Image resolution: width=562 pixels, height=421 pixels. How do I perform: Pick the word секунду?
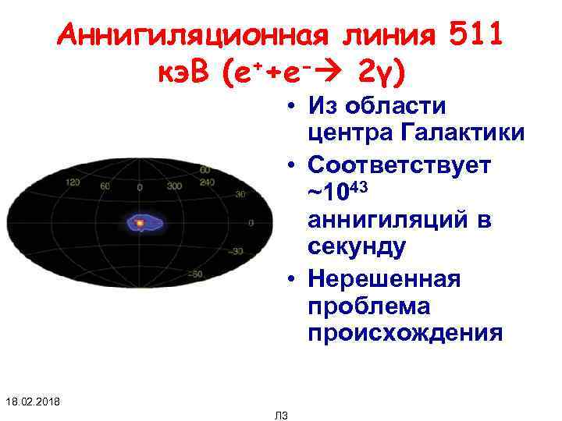tap(357, 249)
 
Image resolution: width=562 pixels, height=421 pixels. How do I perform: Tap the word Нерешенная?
tap(384, 278)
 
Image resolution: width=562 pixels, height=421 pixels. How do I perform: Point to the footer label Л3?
tap(282, 415)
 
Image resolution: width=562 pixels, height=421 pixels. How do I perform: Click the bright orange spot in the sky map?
tap(140, 223)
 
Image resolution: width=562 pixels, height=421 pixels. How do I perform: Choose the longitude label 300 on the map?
tap(174, 186)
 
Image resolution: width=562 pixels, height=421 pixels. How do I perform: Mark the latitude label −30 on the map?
tap(235, 251)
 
